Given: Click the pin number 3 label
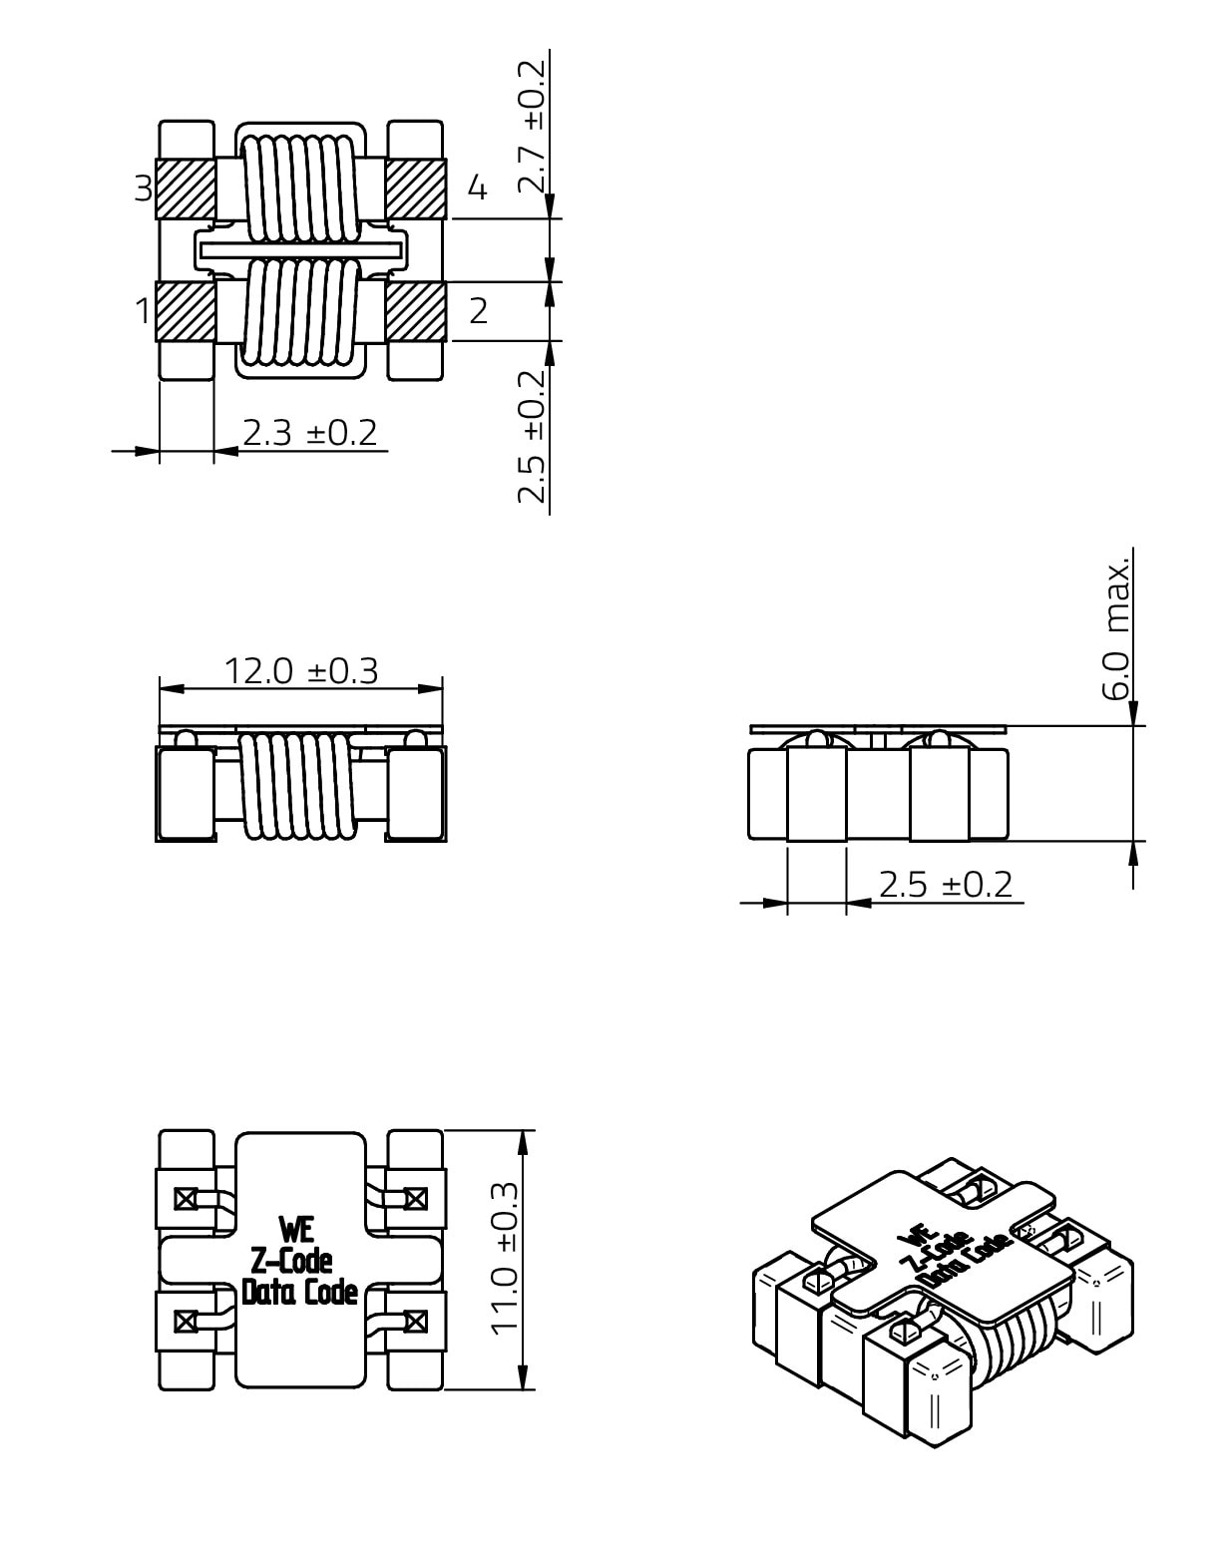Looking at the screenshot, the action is click(x=143, y=188).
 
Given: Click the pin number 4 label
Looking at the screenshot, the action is click(x=477, y=188).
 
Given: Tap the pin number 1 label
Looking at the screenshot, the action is click(x=143, y=310).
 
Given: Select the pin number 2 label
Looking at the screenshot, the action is click(x=478, y=310).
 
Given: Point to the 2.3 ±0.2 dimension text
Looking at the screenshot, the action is click(x=309, y=433).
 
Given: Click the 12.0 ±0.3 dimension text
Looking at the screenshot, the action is click(x=300, y=671).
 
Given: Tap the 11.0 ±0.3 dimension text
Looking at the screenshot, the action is click(x=505, y=1259).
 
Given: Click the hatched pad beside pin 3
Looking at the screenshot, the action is click(x=186, y=189).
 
